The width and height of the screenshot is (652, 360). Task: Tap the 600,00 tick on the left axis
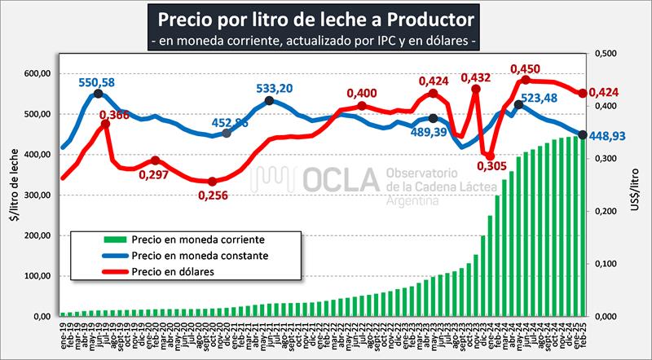(36, 74)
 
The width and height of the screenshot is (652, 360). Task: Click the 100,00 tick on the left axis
(36, 275)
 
